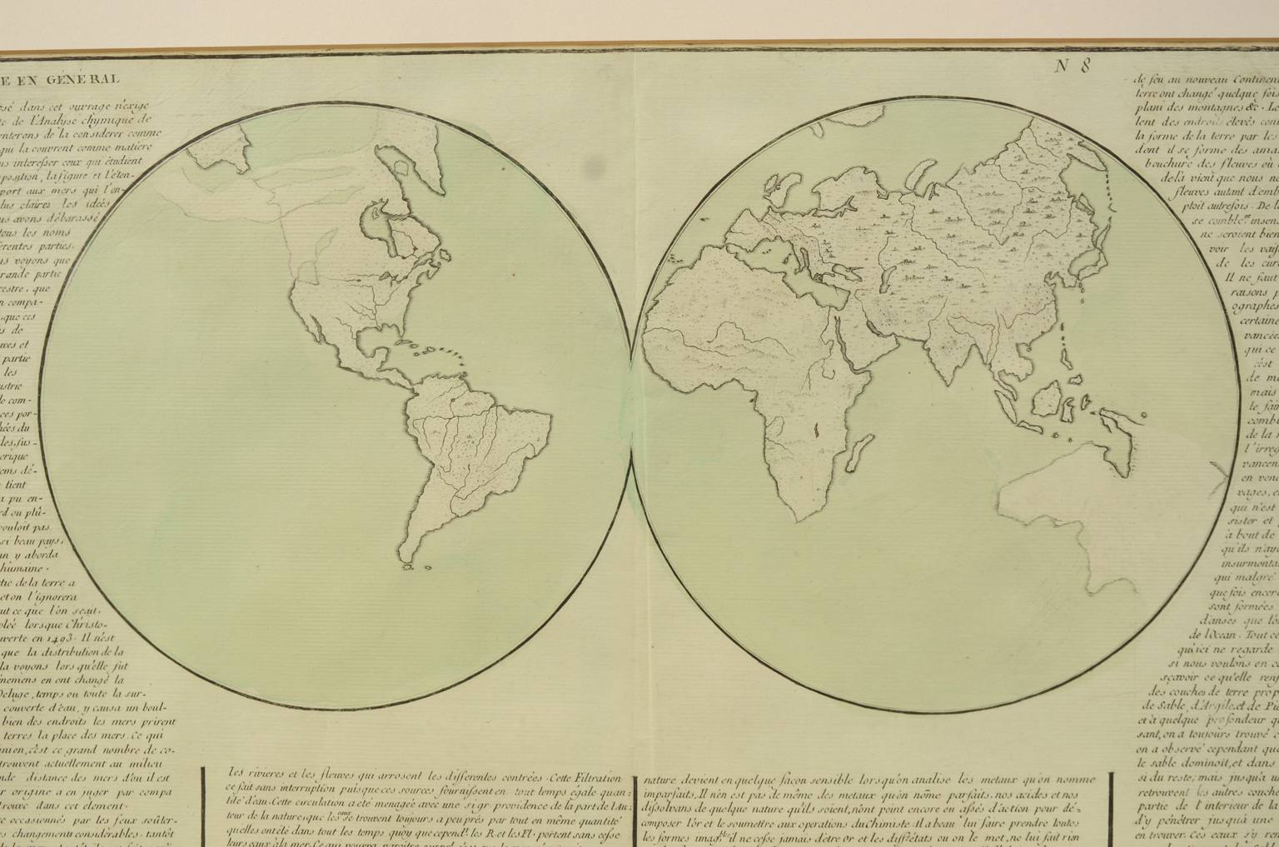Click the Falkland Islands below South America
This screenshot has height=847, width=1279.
(x=409, y=568)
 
